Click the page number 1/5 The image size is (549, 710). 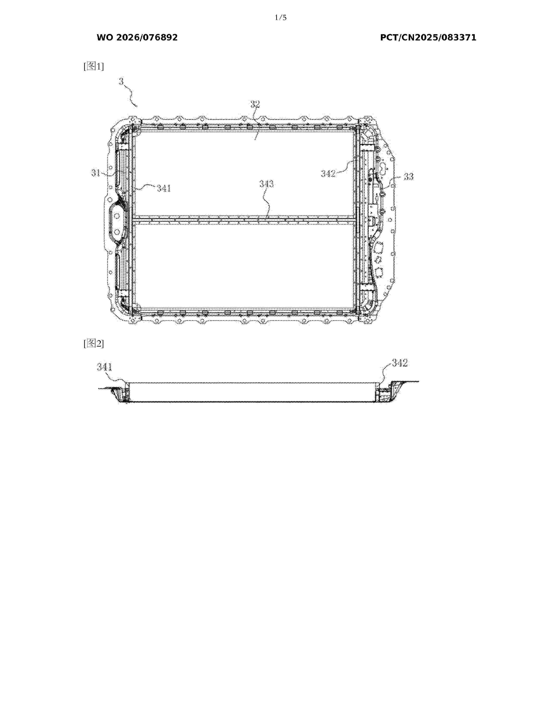[x=280, y=18]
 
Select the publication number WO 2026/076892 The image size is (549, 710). [x=137, y=37]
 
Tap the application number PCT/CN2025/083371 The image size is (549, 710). [x=428, y=37]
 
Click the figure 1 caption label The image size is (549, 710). [x=94, y=66]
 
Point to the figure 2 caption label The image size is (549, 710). [x=94, y=343]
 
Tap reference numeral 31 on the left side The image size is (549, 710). [x=96, y=173]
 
